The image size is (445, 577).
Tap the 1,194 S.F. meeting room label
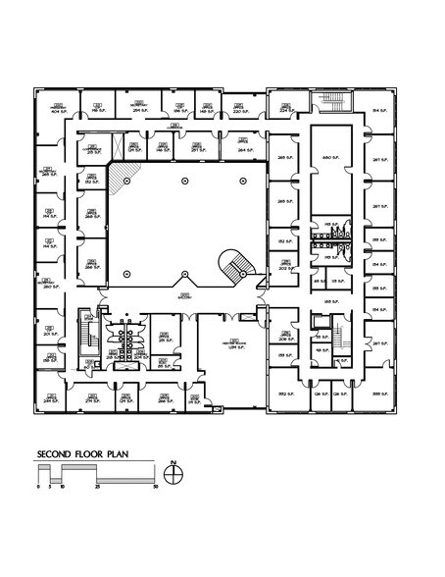tap(234, 344)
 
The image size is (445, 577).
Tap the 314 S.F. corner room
tap(378, 110)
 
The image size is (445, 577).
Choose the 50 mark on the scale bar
tap(156, 486)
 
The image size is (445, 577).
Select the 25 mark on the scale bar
tap(96, 486)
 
